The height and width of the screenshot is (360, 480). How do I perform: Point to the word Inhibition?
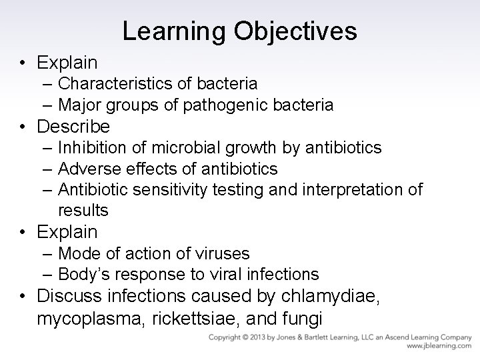90,147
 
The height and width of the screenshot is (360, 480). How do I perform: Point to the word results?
83,211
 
